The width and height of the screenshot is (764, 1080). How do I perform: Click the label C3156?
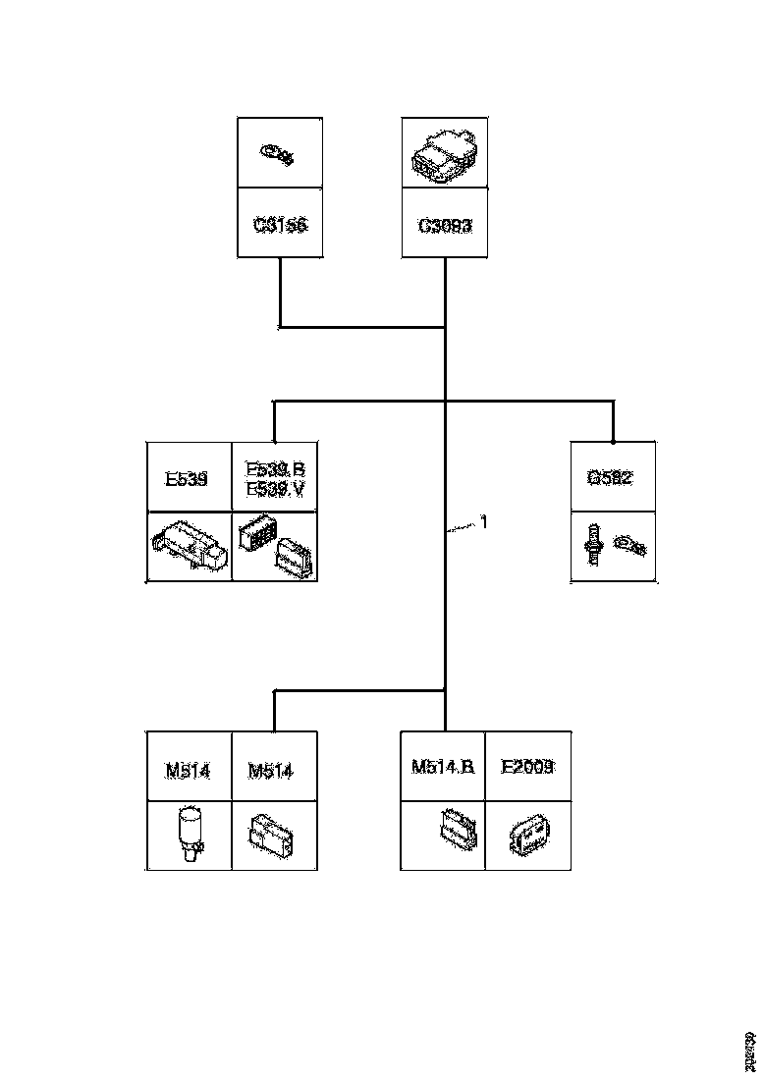280,224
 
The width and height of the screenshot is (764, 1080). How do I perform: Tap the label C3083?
445,224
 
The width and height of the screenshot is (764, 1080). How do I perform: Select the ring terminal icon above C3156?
279,153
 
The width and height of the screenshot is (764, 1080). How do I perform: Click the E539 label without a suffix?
186,479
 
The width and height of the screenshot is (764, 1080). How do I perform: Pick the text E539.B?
274,469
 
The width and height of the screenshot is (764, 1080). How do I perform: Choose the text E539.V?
274,488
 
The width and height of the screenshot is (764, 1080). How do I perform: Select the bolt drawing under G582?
594,543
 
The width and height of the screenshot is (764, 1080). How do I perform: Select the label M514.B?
443,766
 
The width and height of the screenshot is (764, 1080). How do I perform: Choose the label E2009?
527,766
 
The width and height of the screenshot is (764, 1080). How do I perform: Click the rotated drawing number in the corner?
750,1051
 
